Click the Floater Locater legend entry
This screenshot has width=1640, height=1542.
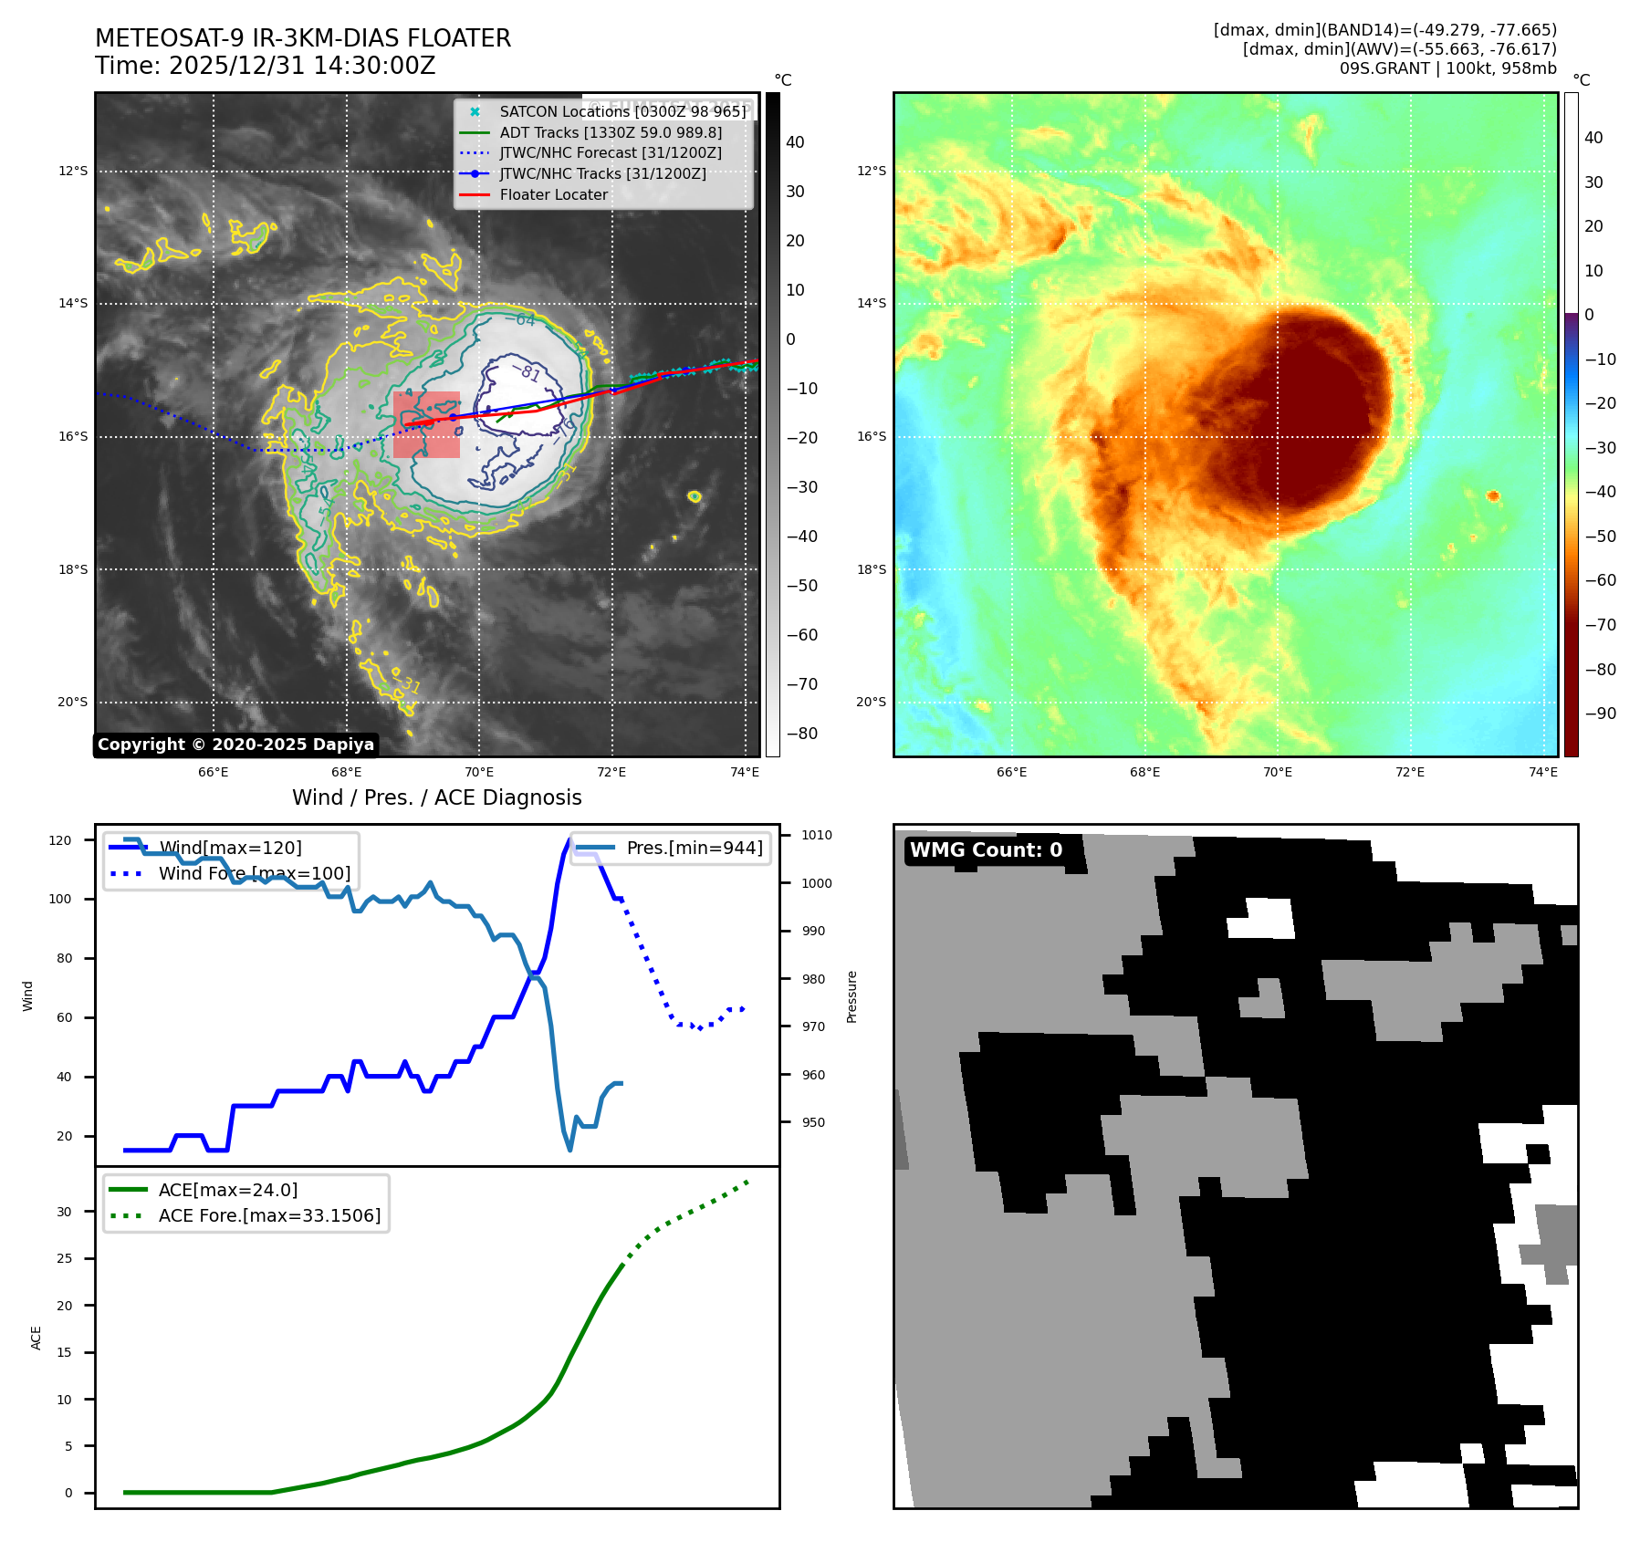(553, 194)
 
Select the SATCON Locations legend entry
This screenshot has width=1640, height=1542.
(622, 111)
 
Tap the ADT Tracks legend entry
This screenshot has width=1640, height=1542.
(610, 132)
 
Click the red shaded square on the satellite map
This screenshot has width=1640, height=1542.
(426, 424)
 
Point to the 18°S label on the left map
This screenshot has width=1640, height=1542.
(73, 569)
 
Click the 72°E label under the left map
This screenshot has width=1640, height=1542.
(611, 772)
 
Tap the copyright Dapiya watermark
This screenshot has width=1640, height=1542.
(235, 745)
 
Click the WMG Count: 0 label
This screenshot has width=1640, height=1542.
(986, 849)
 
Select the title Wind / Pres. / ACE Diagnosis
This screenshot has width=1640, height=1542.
(436, 797)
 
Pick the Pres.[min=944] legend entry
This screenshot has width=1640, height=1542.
(694, 848)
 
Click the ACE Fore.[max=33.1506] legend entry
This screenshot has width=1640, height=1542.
(269, 1215)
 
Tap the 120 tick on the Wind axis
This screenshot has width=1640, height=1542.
(60, 840)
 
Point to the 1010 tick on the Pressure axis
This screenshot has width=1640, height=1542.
(816, 835)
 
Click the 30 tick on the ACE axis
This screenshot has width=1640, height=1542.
(64, 1212)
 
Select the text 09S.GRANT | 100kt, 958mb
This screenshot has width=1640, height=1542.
(1447, 68)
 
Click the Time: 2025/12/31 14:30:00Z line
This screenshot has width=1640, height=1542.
(265, 66)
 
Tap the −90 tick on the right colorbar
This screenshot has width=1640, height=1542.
(1600, 714)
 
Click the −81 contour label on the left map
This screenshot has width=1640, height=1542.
(529, 372)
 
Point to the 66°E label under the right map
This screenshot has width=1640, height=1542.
(1011, 772)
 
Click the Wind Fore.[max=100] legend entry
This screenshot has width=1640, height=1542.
(254, 873)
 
